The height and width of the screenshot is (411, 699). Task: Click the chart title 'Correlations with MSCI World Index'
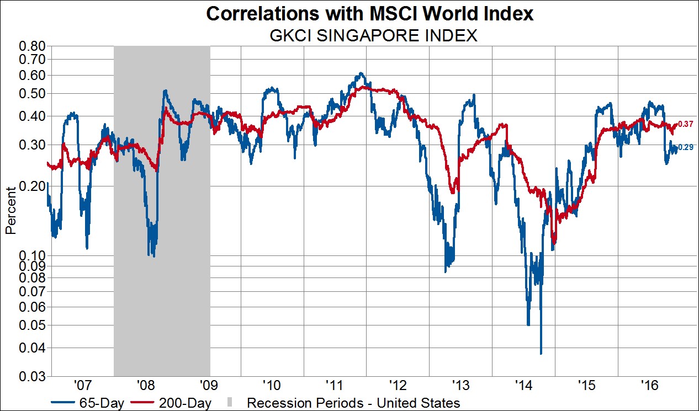click(370, 14)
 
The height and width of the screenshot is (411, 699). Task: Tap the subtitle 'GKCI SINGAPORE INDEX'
click(373, 36)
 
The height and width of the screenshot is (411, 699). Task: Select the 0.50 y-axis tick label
click(31, 93)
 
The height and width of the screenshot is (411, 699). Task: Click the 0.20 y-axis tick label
click(31, 186)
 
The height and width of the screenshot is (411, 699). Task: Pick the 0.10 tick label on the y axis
click(31, 255)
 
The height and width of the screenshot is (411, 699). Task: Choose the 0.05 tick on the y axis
click(31, 325)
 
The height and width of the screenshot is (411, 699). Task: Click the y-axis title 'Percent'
click(10, 211)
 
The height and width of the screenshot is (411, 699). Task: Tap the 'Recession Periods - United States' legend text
click(353, 403)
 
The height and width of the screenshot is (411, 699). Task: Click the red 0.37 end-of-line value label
click(685, 125)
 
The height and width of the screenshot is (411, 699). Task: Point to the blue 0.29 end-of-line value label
click(685, 147)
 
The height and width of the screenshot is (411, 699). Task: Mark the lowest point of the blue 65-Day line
click(541, 354)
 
